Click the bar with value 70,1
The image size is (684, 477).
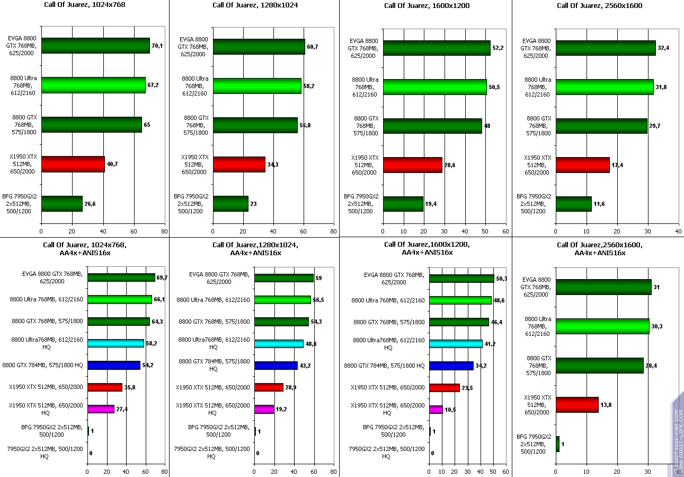click(x=95, y=46)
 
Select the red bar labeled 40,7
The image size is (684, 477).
click(x=73, y=164)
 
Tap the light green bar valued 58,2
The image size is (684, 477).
click(x=257, y=86)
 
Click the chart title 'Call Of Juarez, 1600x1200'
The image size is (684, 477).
click(x=427, y=6)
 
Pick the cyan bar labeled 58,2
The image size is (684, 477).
click(x=116, y=343)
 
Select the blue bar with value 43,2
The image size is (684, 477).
click(x=276, y=366)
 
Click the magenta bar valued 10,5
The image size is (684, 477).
click(x=436, y=410)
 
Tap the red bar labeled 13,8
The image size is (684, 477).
click(x=577, y=405)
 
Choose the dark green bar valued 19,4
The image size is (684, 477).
click(x=403, y=204)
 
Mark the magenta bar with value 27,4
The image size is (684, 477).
click(x=101, y=409)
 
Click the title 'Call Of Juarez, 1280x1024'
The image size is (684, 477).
click(x=255, y=6)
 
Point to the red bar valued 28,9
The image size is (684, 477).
click(x=269, y=387)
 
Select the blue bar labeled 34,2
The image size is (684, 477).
click(x=451, y=366)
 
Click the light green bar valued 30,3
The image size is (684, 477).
click(x=602, y=326)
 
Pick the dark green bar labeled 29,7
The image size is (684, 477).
click(x=601, y=126)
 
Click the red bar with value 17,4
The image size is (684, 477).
click(x=582, y=164)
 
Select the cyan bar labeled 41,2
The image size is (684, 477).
click(x=456, y=344)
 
